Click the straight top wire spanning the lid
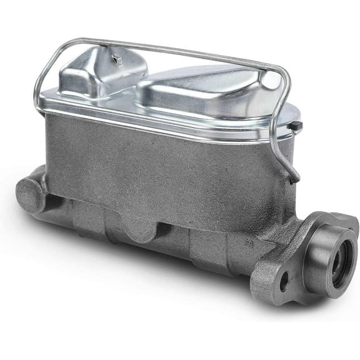187,50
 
